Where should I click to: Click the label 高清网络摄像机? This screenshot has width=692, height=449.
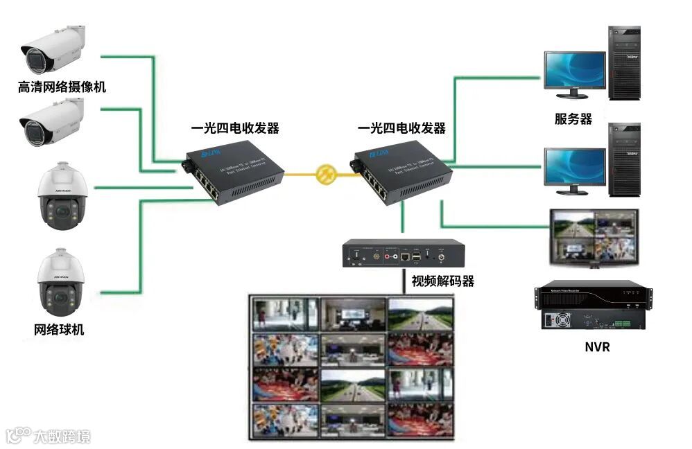tap(62, 87)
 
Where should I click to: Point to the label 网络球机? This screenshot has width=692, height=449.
tap(59, 330)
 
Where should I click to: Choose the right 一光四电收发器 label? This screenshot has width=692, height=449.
tap(401, 128)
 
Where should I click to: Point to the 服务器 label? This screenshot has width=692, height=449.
tap(573, 118)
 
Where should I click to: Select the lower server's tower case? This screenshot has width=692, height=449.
tap(624, 159)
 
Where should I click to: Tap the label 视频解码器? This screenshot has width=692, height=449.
tap(443, 281)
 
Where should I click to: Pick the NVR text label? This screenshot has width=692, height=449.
tap(597, 346)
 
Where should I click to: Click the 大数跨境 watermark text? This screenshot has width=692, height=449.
tap(64, 436)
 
